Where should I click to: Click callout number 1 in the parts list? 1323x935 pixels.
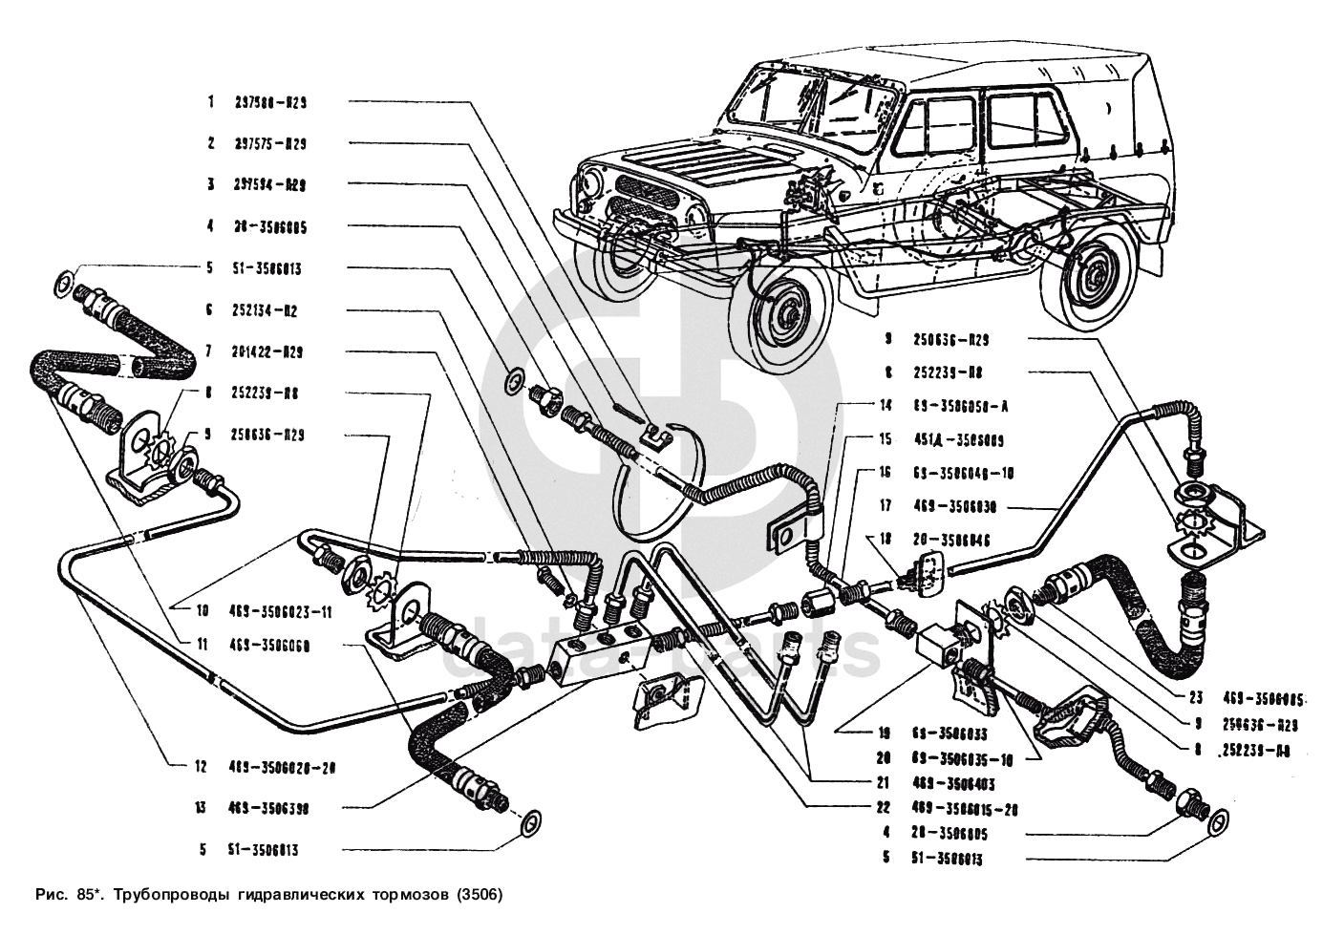(210, 102)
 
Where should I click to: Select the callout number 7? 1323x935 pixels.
(209, 351)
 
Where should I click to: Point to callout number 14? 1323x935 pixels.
(886, 406)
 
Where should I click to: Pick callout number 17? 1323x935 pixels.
(886, 507)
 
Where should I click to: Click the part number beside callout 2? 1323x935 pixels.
(270, 144)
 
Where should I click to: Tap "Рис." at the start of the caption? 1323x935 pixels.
(49, 896)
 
